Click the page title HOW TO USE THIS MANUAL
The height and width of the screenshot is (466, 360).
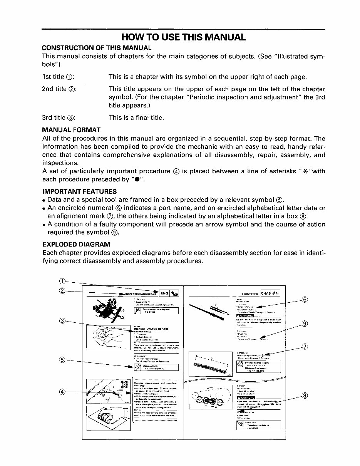pos(183,37)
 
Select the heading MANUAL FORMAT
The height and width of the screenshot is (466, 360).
pos(71,130)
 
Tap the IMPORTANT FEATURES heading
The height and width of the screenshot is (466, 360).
pos(79,191)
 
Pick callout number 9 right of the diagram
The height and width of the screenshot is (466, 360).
pos(304,324)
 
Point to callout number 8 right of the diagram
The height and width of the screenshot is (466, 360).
pos(304,396)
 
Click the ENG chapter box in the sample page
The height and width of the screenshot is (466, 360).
pos(164,293)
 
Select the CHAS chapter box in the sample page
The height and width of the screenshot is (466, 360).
pos(266,293)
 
